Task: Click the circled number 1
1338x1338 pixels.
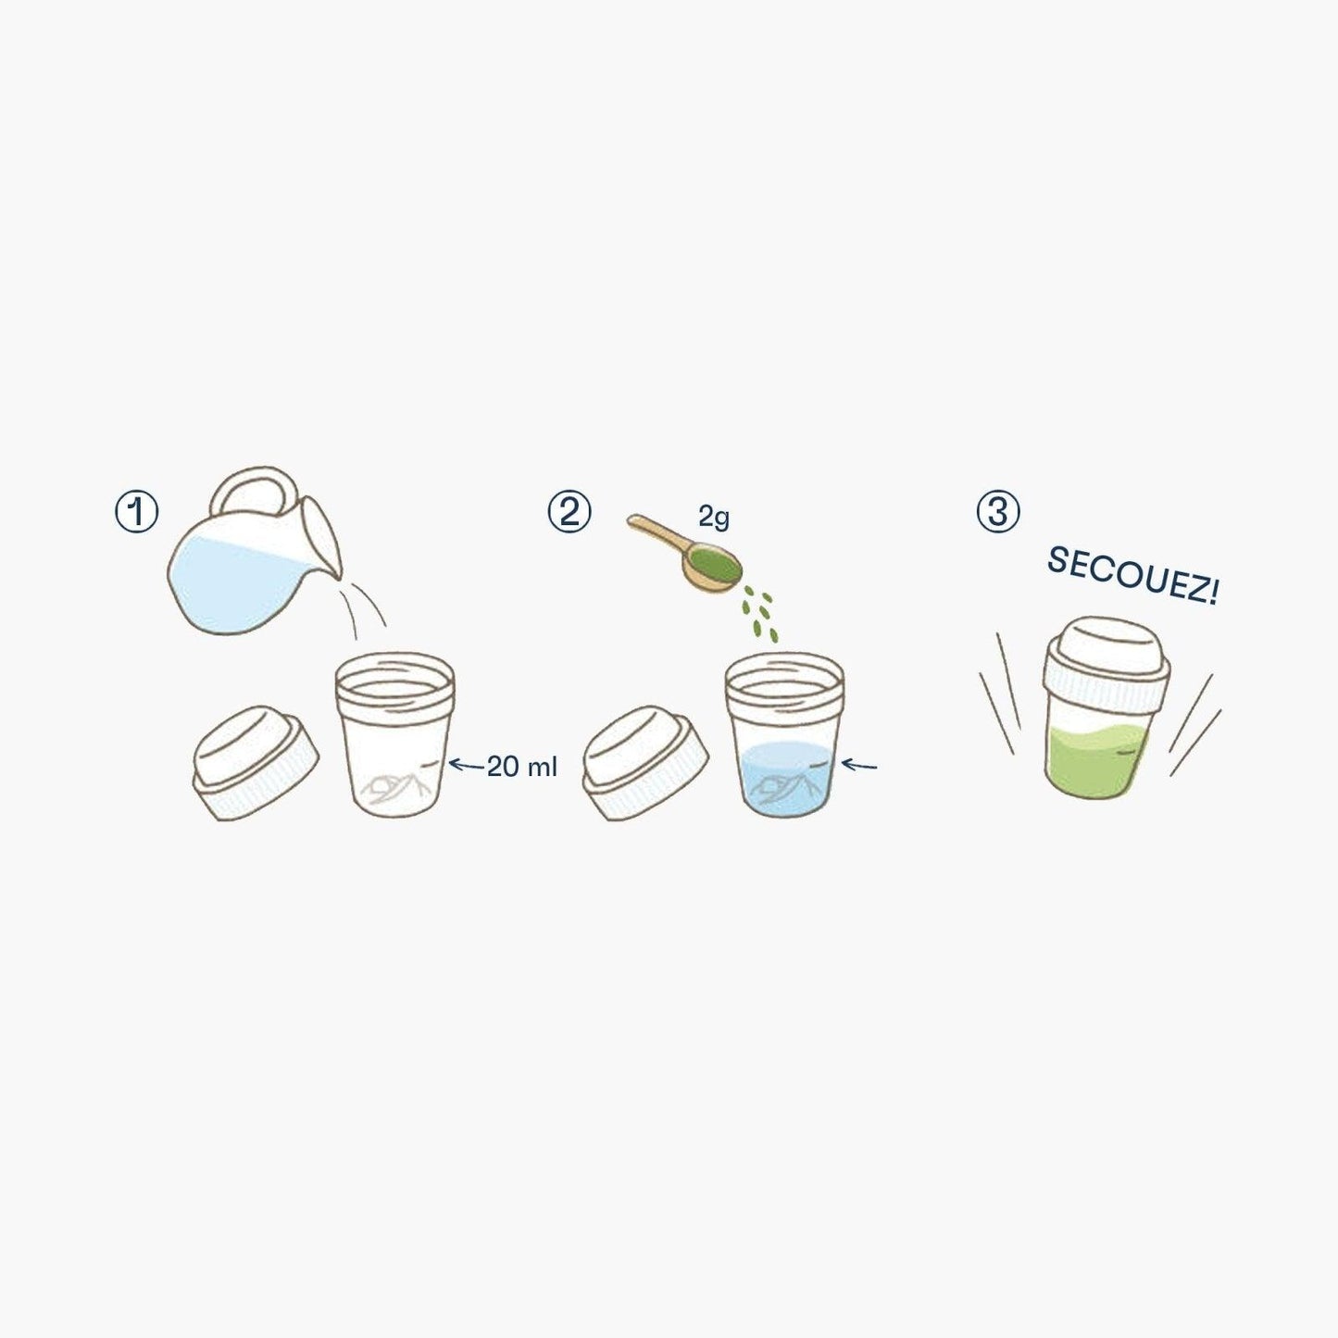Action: pos(136,513)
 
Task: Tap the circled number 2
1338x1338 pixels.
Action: pos(569,513)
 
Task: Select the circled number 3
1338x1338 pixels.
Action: pos(998,513)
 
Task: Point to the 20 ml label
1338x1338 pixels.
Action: pos(522,767)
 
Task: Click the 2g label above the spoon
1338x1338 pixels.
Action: pos(714,518)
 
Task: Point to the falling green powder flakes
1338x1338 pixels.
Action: pos(760,613)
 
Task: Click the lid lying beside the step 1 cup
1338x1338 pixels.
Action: pos(256,764)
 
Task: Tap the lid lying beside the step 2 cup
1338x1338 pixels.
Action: pos(645,764)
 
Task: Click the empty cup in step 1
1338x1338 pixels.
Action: pos(394,736)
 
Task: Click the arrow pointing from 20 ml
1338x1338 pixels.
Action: pos(466,765)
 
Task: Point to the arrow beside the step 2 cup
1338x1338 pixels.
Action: pos(859,765)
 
